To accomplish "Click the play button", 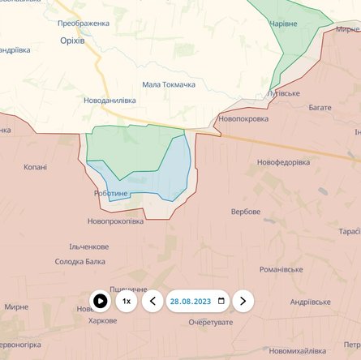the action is pyautogui.click(x=100, y=302).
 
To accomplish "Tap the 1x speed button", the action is pyautogui.click(x=126, y=302).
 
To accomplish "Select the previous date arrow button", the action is pyautogui.click(x=153, y=302).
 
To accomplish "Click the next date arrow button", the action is pyautogui.click(x=243, y=302).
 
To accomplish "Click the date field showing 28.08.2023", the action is pyautogui.click(x=198, y=302).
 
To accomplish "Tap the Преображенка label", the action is pyautogui.click(x=84, y=24).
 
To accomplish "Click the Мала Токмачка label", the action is pyautogui.click(x=169, y=84).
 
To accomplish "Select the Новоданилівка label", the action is pyautogui.click(x=110, y=101).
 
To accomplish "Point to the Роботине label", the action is pyautogui.click(x=111, y=194).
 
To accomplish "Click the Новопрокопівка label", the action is pyautogui.click(x=115, y=221).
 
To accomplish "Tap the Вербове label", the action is pyautogui.click(x=246, y=212).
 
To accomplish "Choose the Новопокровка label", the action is pyautogui.click(x=243, y=118).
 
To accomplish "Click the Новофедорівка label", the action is pyautogui.click(x=284, y=162).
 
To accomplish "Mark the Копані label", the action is pyautogui.click(x=36, y=167).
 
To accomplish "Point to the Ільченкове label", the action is pyautogui.click(x=89, y=246).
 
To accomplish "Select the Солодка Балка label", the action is pyautogui.click(x=80, y=261).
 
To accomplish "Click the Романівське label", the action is pyautogui.click(x=281, y=269).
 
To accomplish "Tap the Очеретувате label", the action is pyautogui.click(x=211, y=323).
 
